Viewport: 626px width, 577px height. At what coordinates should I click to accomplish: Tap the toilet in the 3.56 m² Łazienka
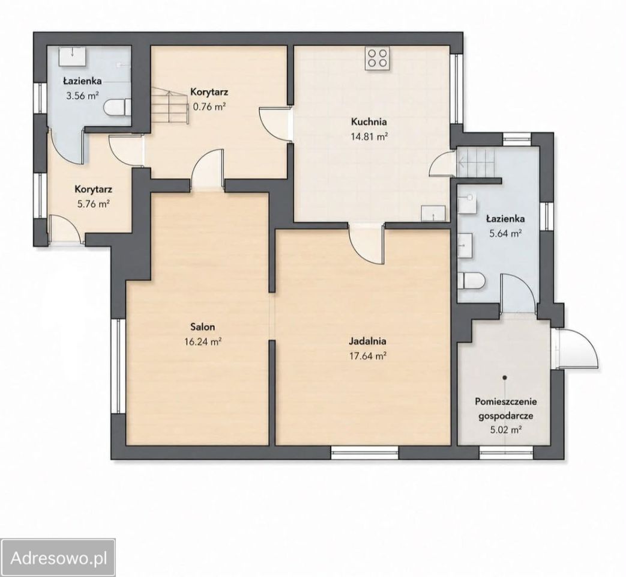[118, 108]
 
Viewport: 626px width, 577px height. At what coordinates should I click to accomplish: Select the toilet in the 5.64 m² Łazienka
[471, 280]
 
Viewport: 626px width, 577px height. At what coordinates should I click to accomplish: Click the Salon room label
[203, 327]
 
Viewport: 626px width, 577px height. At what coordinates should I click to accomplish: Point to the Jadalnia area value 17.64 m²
[367, 355]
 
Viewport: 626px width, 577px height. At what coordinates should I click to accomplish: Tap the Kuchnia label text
[369, 121]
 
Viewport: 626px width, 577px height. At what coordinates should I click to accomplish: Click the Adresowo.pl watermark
[59, 558]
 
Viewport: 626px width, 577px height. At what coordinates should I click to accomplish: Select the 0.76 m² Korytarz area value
[209, 106]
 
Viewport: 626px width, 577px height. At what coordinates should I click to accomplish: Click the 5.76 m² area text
[94, 204]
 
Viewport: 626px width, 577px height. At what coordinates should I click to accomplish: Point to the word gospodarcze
[506, 416]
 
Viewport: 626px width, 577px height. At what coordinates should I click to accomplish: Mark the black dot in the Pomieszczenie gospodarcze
[505, 377]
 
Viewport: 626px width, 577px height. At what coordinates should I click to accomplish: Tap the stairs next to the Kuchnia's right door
[476, 162]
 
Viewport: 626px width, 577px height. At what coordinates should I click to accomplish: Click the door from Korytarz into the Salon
[207, 168]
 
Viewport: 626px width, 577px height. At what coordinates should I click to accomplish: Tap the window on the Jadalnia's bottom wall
[365, 452]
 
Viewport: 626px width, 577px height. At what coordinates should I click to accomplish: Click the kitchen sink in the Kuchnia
[434, 213]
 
